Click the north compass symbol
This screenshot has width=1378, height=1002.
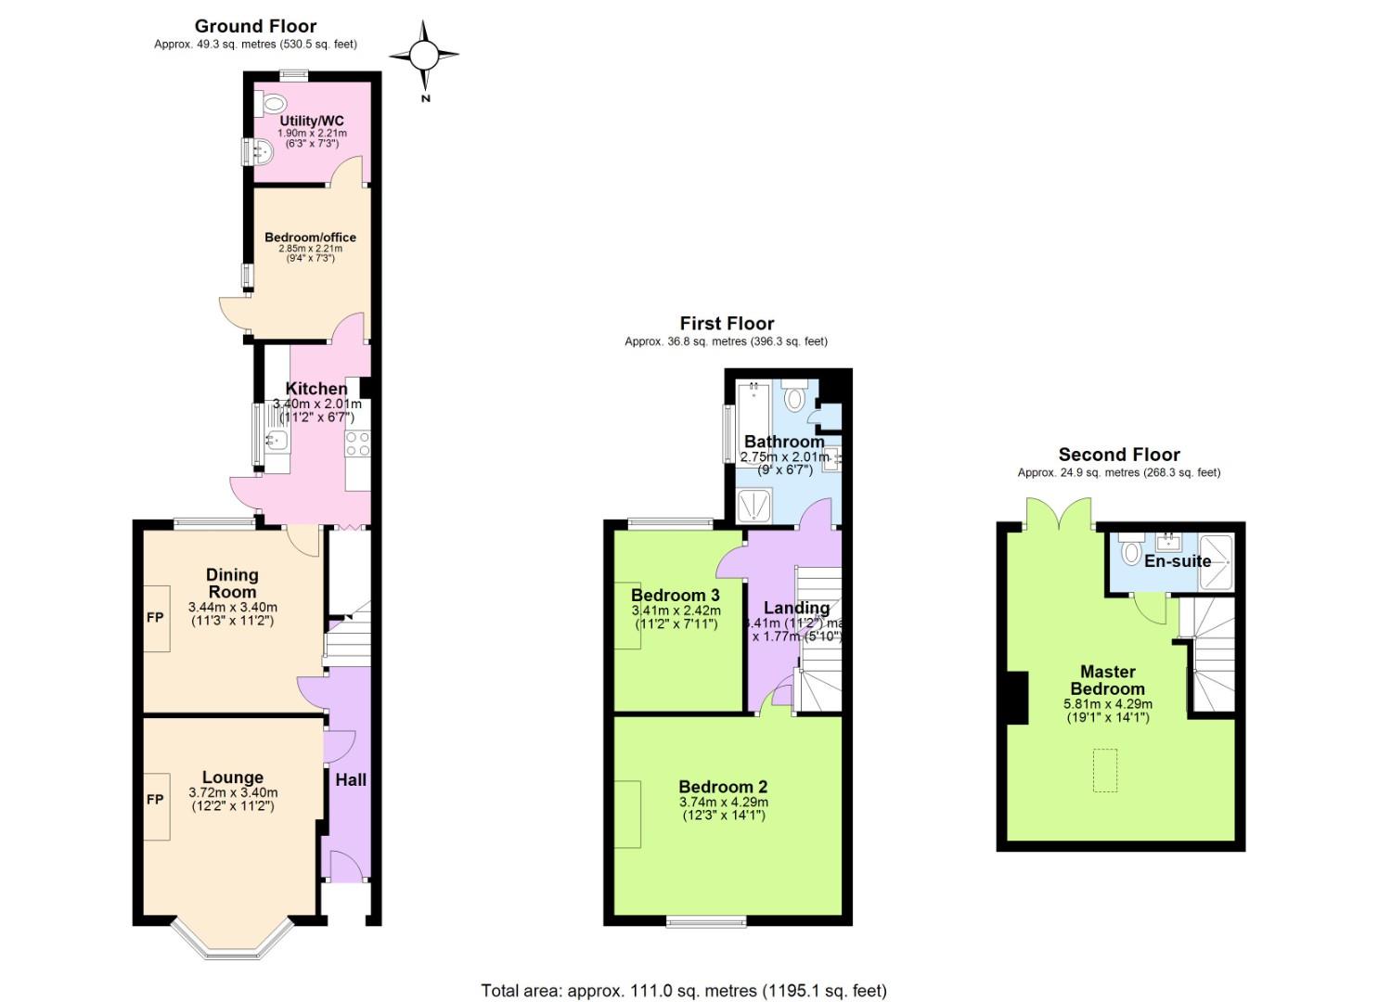coord(424,58)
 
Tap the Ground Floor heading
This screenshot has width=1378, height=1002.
coord(255,26)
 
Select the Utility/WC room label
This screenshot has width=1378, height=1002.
coord(312,121)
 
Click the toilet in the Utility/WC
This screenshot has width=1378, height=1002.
coord(272,101)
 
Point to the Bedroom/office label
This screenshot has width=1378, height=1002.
coord(310,238)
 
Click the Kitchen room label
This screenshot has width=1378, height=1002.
coord(316,389)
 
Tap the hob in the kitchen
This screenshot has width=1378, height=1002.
coord(357,443)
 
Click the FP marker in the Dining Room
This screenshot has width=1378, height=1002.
coord(155,617)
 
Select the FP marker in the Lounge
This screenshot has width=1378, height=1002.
coord(155,800)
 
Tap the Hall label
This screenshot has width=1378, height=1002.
coord(351,780)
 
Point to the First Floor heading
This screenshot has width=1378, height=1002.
coord(727,323)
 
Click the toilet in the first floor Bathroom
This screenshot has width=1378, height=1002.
coord(794,398)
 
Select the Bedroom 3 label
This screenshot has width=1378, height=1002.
coord(675,595)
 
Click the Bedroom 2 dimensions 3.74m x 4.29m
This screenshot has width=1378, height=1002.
coord(723,803)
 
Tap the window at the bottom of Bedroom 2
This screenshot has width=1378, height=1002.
coord(706,921)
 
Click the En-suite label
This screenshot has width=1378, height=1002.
coord(1177,561)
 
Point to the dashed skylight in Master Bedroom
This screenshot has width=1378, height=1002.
coord(1104,770)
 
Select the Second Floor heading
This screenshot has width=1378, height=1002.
coord(1119,455)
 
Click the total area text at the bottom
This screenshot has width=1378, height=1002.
coord(683,991)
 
